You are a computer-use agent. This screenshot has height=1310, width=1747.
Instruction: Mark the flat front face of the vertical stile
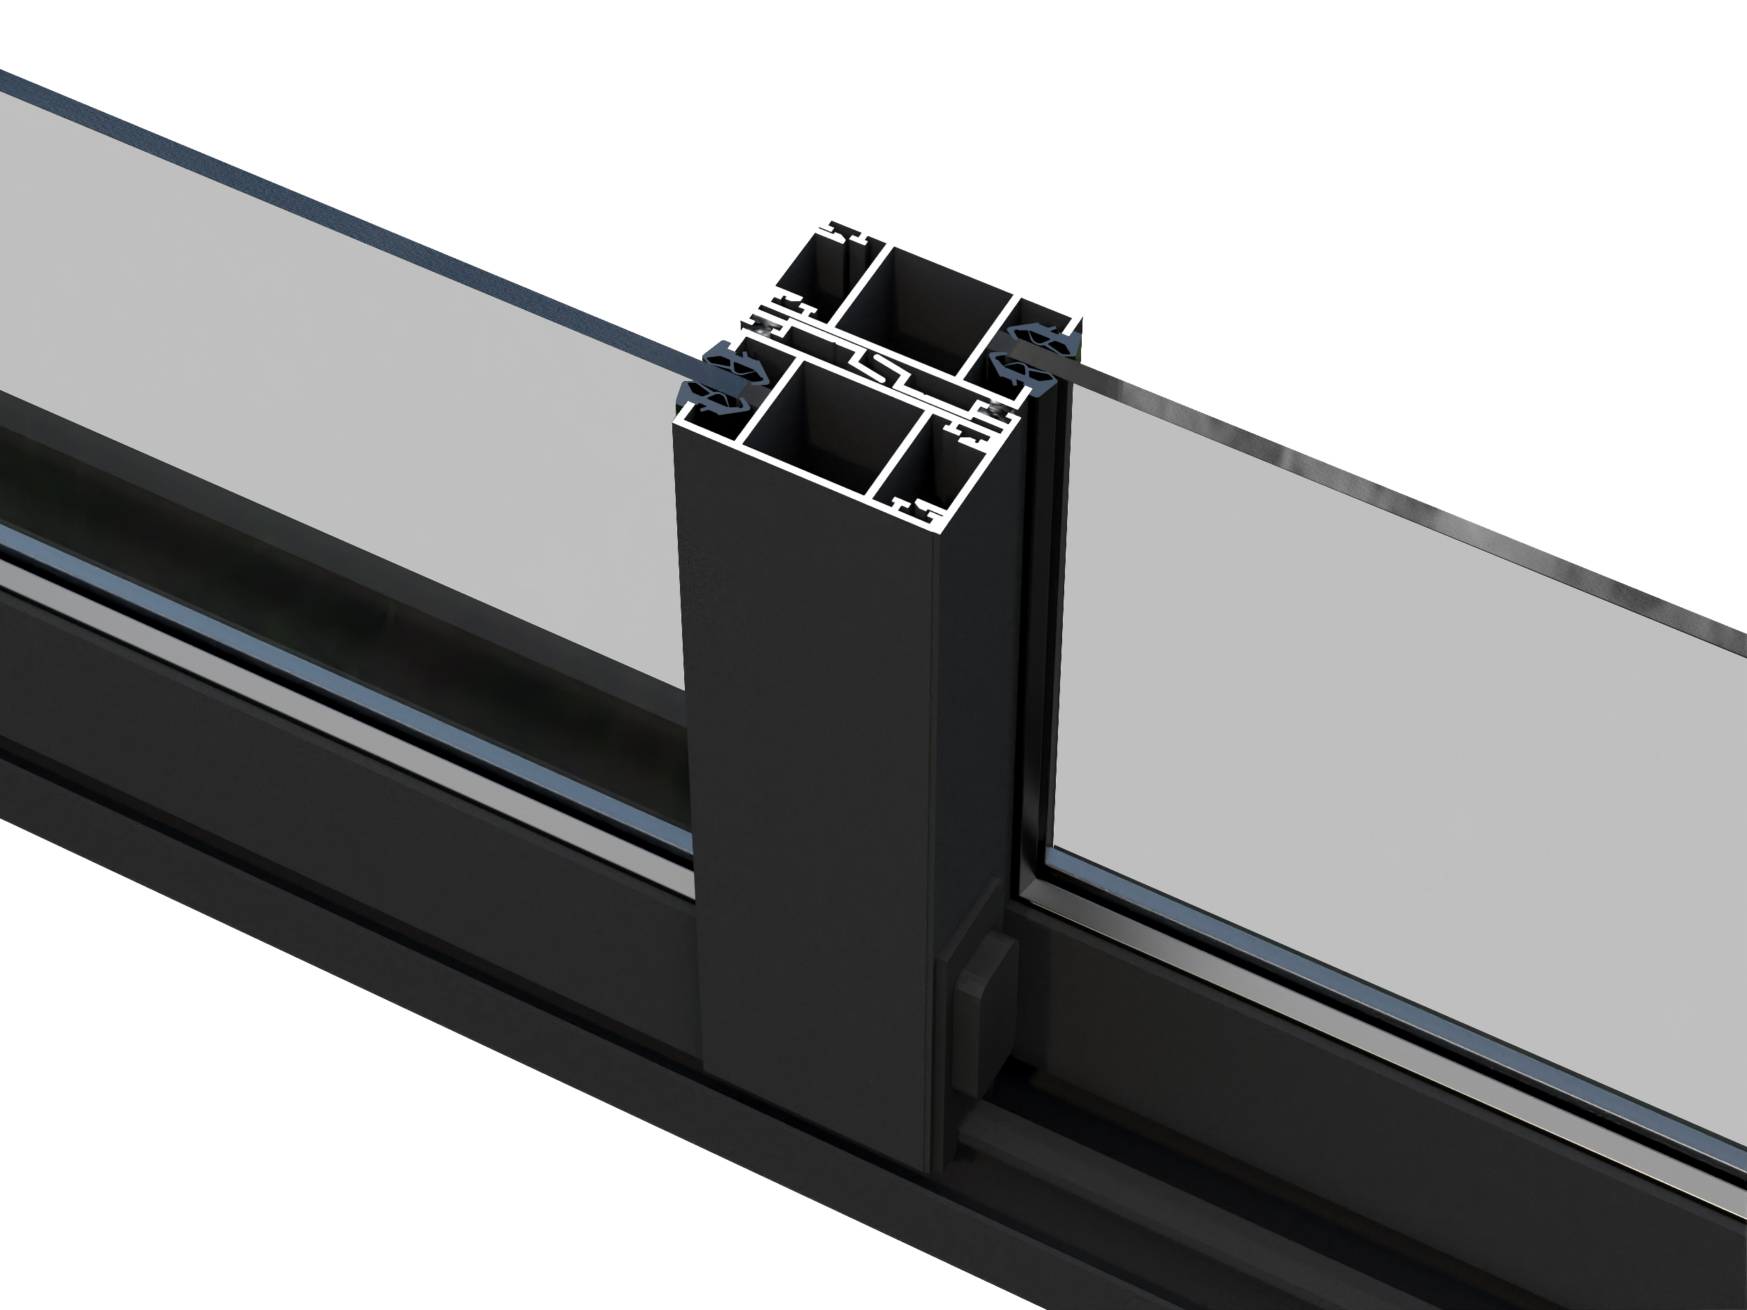coord(813,789)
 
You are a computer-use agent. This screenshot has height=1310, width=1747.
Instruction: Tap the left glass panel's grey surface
coord(356,379)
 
